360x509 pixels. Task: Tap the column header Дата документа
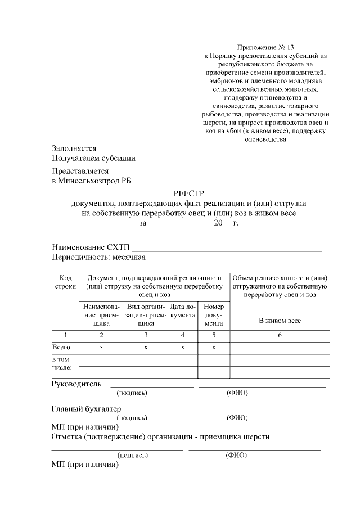tap(183, 311)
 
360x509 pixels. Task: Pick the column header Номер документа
tap(213, 315)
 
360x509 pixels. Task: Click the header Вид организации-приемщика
tap(146, 315)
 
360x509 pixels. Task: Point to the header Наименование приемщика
tap(101, 315)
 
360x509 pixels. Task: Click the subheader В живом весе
tap(280, 321)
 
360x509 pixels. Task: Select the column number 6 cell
tap(280, 335)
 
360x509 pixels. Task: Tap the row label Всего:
tap(62, 347)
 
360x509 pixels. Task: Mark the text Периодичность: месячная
tap(98, 258)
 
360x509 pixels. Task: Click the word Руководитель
tap(76, 384)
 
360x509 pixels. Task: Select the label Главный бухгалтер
tap(87, 409)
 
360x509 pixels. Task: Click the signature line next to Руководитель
tap(151, 386)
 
